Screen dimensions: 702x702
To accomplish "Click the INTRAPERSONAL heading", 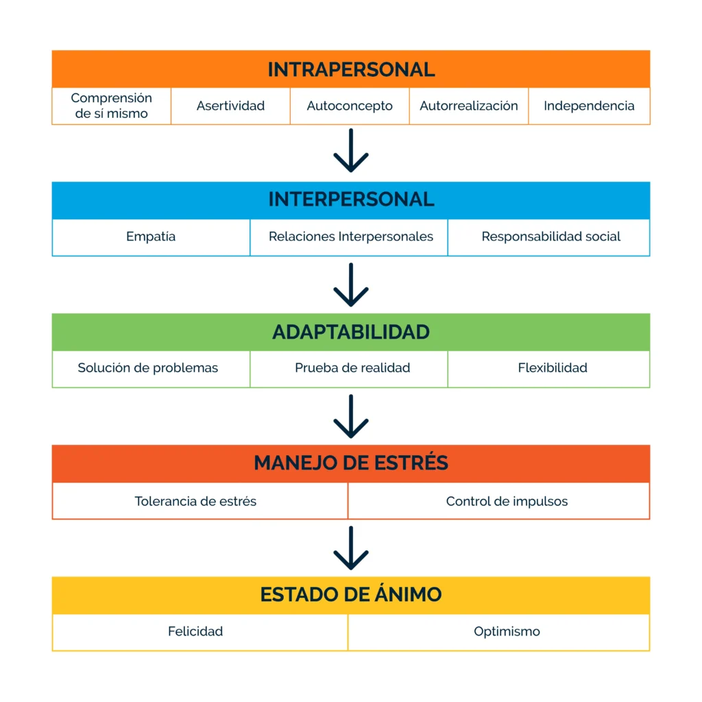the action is click(351, 69).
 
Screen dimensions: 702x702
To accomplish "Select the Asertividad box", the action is click(230, 106).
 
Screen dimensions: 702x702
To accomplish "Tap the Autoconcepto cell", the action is click(350, 106).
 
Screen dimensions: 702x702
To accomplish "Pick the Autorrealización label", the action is click(469, 106).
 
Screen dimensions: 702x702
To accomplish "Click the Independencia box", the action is click(589, 106).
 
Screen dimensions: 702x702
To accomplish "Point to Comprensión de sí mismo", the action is click(112, 106).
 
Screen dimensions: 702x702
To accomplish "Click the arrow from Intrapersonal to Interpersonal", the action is click(351, 150).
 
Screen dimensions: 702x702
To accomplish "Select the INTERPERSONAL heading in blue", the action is click(351, 200).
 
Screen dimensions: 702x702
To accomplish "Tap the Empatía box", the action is click(151, 237).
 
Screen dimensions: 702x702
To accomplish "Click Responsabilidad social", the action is click(551, 237).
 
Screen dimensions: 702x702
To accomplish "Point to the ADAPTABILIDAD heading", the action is click(351, 332).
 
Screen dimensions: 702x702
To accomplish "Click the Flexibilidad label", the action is click(553, 368).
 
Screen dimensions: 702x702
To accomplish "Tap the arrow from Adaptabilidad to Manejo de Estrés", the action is click(351, 416).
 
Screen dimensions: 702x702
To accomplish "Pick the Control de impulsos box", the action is click(499, 501).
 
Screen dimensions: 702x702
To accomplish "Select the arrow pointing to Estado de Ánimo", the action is click(351, 548).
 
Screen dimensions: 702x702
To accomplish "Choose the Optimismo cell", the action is click(499, 632).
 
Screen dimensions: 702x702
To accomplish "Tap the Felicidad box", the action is click(199, 632).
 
